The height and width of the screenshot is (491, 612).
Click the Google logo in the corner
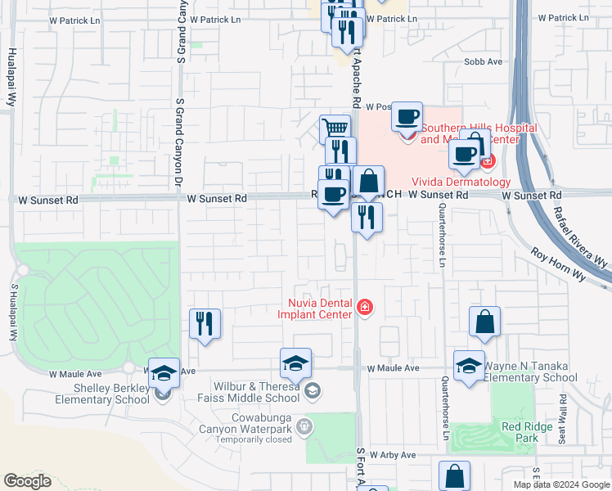click(x=27, y=481)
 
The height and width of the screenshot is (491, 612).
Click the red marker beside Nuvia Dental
click(x=364, y=308)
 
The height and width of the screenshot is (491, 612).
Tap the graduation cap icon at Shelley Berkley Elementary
click(x=164, y=372)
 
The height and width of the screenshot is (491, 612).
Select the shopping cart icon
click(x=335, y=128)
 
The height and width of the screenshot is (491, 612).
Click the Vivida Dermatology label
click(x=472, y=182)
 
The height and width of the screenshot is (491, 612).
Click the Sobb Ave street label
click(x=483, y=62)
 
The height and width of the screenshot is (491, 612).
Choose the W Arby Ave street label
click(x=393, y=455)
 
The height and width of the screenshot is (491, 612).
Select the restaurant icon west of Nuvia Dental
click(x=205, y=322)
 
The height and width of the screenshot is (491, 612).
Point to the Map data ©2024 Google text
click(x=561, y=484)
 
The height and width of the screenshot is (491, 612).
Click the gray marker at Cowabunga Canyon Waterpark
click(x=304, y=426)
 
